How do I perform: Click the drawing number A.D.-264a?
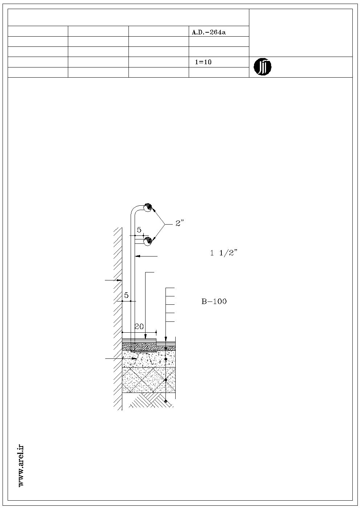tap(209, 33)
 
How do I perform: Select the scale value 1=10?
tap(203, 62)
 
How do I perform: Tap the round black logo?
tap(262, 67)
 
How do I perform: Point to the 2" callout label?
tap(179, 223)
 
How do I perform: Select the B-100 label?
tap(214, 301)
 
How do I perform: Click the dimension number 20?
tap(139, 326)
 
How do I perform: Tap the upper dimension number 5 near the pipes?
tap(139, 230)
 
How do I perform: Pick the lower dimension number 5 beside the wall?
tap(126, 295)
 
